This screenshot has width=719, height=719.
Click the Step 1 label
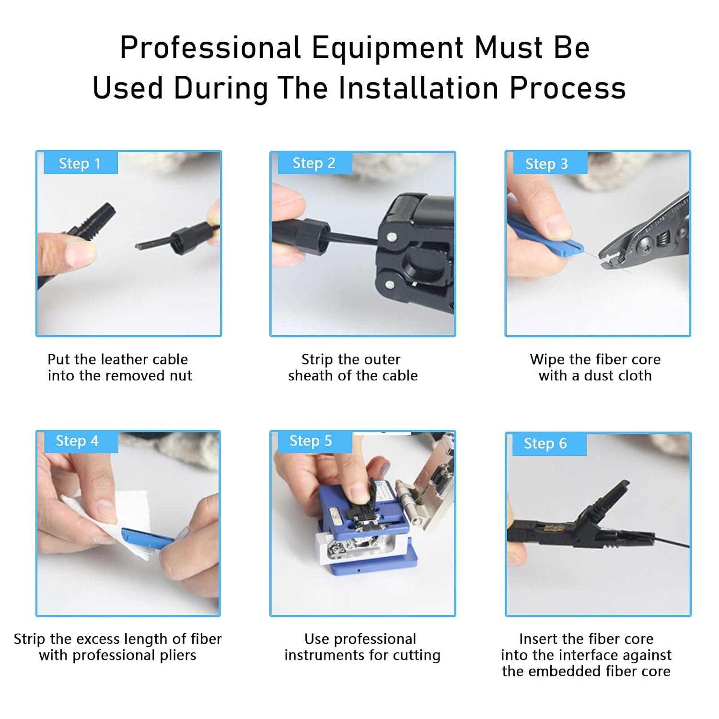pos(80,163)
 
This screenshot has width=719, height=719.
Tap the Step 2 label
pos(314,163)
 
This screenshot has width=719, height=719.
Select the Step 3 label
pos(547,163)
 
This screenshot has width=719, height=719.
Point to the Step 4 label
pos(77,441)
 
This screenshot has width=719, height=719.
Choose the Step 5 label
pos(311,441)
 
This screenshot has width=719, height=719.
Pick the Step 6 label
pos(545,443)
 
